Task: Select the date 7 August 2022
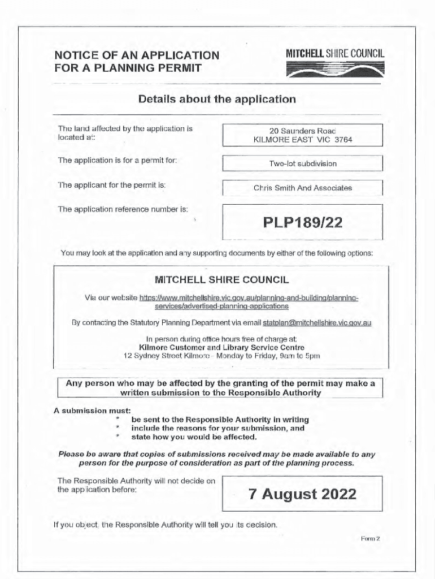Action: point(302,495)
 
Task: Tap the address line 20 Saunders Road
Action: point(303,131)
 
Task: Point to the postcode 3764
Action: point(343,140)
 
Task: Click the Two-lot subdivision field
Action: point(303,163)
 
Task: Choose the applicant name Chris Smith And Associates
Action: point(303,188)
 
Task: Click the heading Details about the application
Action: point(217,100)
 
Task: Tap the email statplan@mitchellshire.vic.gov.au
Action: point(316,323)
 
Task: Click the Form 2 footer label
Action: point(370,539)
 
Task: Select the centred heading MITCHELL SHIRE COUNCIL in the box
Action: point(221,280)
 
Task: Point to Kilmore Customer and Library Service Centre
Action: point(221,347)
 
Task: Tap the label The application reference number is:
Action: point(123,209)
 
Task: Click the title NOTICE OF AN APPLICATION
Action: point(136,55)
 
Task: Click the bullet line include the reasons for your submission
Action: point(217,428)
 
